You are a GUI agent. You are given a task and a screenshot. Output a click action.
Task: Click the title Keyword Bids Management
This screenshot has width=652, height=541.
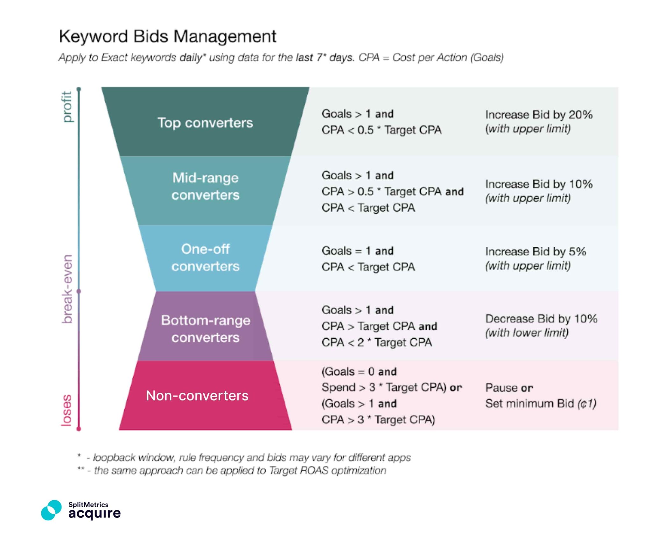pos(167,36)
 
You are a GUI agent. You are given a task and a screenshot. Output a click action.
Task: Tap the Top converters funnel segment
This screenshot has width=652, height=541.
pos(205,122)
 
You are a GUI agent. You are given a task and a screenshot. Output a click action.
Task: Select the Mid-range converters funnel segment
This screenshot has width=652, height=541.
pos(205,186)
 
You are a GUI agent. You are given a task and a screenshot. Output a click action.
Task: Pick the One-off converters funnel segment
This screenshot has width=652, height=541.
pos(205,258)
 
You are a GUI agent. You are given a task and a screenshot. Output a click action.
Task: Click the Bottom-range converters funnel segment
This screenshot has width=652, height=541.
pos(205,329)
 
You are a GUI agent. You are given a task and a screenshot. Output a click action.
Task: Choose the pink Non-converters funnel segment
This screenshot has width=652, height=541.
pos(197,396)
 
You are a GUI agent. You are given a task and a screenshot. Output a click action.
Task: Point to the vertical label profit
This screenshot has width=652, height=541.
pos(67,107)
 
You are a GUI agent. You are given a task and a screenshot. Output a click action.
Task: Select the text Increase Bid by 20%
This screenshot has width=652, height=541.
pos(539,114)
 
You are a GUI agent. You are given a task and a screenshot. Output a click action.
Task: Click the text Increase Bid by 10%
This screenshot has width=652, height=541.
pos(539,184)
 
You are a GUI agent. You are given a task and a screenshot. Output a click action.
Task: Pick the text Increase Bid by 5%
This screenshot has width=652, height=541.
pos(535,252)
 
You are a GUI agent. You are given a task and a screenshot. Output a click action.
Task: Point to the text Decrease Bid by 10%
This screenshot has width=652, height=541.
pos(541,319)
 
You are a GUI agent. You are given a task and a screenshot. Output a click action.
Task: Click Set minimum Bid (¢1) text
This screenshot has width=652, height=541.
pos(541,404)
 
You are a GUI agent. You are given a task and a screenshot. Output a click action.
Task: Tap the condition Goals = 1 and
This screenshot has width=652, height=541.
pos(357,251)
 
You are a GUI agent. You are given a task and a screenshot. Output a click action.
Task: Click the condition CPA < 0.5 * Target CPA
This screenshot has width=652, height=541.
pos(381,130)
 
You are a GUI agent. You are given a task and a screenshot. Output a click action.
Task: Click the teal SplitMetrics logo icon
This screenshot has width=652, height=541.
pos(51,510)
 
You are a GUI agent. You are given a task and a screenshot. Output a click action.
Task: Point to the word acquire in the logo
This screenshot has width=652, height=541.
pos(95,513)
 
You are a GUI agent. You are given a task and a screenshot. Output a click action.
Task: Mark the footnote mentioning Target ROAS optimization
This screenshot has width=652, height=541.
pos(236,470)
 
